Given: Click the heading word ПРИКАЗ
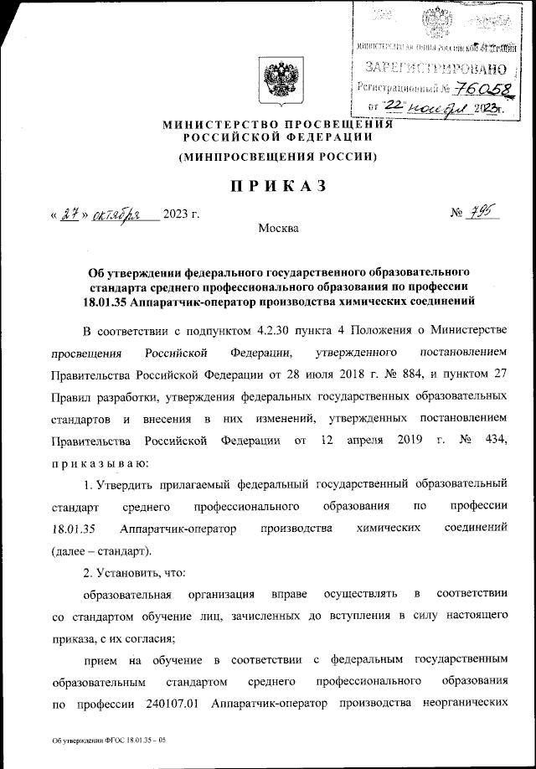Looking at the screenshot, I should tap(267, 185).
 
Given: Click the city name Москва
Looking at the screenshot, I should tap(277, 228).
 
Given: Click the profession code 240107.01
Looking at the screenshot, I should tap(170, 704).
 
